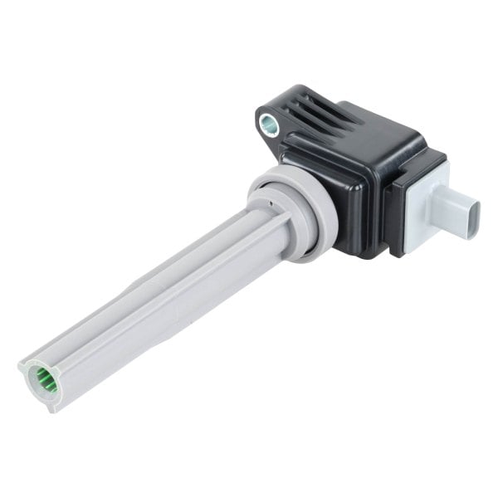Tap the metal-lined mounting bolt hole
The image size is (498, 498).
(269, 125)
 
